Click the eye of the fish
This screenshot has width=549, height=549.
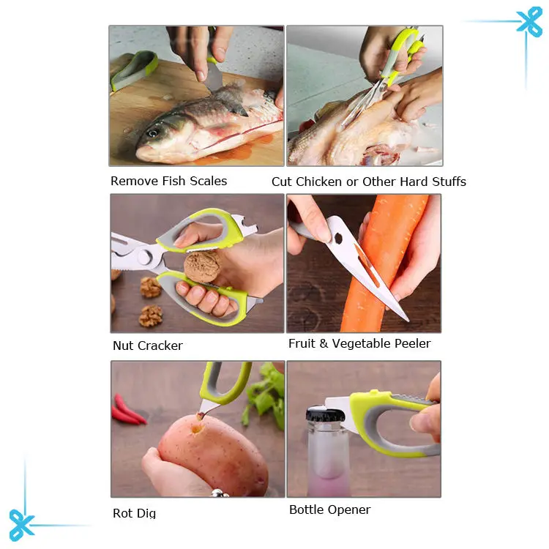pos(152,133)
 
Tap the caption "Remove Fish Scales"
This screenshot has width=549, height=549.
pos(168,181)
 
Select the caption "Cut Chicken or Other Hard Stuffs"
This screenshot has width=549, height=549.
pos(368,182)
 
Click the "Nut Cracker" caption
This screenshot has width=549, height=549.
pos(147,346)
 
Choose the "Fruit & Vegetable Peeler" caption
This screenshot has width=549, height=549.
pos(359,343)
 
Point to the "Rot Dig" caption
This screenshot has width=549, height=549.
pos(134,513)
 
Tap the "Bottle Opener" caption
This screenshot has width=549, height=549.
pos(329,509)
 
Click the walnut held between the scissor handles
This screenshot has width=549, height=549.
pos(202,268)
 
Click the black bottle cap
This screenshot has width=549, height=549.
pos(324,417)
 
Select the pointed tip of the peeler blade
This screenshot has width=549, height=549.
pos(406,318)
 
